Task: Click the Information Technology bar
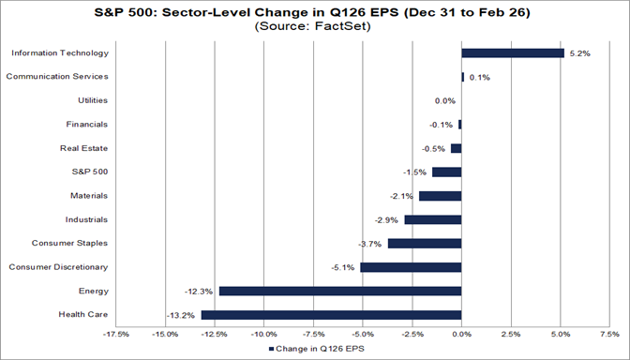click(x=513, y=53)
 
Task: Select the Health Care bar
click(x=331, y=315)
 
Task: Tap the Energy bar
click(x=340, y=291)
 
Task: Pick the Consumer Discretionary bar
click(x=411, y=267)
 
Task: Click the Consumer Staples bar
click(x=425, y=244)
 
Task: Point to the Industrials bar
click(x=433, y=219)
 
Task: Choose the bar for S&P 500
click(x=446, y=172)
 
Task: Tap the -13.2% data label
click(x=182, y=315)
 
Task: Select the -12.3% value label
click(x=200, y=291)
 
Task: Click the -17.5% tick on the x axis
click(x=116, y=333)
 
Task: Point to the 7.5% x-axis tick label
click(x=610, y=333)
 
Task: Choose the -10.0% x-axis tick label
click(x=264, y=333)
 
